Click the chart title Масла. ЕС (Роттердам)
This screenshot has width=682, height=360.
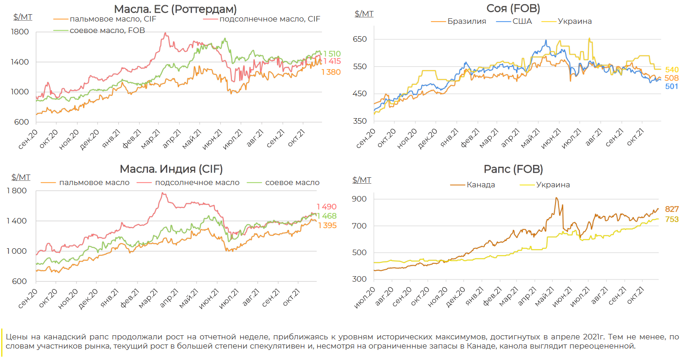click(x=176, y=9)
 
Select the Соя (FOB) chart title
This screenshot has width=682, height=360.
click(x=513, y=8)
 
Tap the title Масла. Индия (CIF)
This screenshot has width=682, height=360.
click(x=171, y=169)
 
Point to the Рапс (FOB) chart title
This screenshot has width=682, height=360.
click(x=513, y=169)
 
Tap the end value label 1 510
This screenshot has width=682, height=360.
click(x=332, y=54)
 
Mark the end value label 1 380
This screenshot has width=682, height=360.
click(x=331, y=72)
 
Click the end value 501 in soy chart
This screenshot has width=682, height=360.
click(x=671, y=87)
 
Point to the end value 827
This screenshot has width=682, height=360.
click(x=671, y=209)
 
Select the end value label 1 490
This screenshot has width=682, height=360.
click(x=326, y=207)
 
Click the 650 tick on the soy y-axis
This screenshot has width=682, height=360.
click(x=360, y=39)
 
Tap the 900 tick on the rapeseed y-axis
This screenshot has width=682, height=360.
click(x=359, y=199)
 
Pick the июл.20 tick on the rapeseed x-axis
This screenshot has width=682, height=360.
click(x=365, y=298)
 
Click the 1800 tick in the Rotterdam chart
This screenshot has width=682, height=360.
click(x=20, y=32)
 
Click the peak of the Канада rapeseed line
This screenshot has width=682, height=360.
click(x=556, y=198)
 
